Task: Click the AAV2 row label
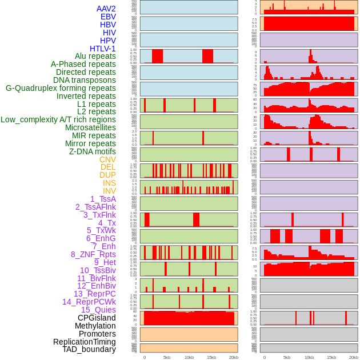[106, 9]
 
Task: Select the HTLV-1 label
[102, 49]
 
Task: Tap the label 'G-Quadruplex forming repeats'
[61, 88]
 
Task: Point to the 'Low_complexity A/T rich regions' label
[58, 119]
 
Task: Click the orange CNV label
[107, 159]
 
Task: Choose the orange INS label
[109, 183]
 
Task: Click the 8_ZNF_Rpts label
[93, 254]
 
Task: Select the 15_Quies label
[98, 310]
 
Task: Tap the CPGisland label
[97, 318]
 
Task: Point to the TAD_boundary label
[89, 349]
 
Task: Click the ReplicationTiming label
[84, 342]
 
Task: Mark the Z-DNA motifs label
[92, 151]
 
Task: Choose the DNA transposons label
[84, 80]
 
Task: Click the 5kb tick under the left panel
[167, 357]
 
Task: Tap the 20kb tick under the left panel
[233, 357]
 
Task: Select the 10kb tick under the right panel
[309, 357]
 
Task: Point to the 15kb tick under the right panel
[331, 357]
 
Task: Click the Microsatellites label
[90, 127]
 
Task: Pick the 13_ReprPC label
[94, 294]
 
